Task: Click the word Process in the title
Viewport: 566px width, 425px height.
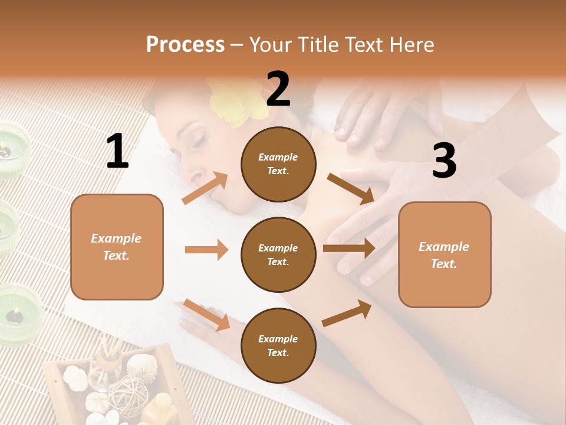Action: point(185,44)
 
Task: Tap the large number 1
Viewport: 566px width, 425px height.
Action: point(117,151)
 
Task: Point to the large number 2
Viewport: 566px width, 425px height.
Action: point(278,89)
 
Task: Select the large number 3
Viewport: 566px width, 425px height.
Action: point(444,161)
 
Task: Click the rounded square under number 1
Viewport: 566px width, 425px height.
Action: point(117,247)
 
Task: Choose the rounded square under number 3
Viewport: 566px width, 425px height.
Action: point(445,255)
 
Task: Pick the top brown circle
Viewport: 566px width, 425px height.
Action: point(278,164)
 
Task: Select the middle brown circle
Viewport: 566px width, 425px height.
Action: point(278,254)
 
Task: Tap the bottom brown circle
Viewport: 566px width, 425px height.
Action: point(278,345)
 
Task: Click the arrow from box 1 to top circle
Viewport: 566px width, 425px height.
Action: point(205,188)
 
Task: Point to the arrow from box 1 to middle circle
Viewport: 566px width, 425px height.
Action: point(206,250)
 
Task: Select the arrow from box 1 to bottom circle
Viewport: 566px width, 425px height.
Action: point(206,315)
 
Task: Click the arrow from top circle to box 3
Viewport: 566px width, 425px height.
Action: point(351,188)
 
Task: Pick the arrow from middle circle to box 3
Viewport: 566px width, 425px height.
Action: point(349,249)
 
